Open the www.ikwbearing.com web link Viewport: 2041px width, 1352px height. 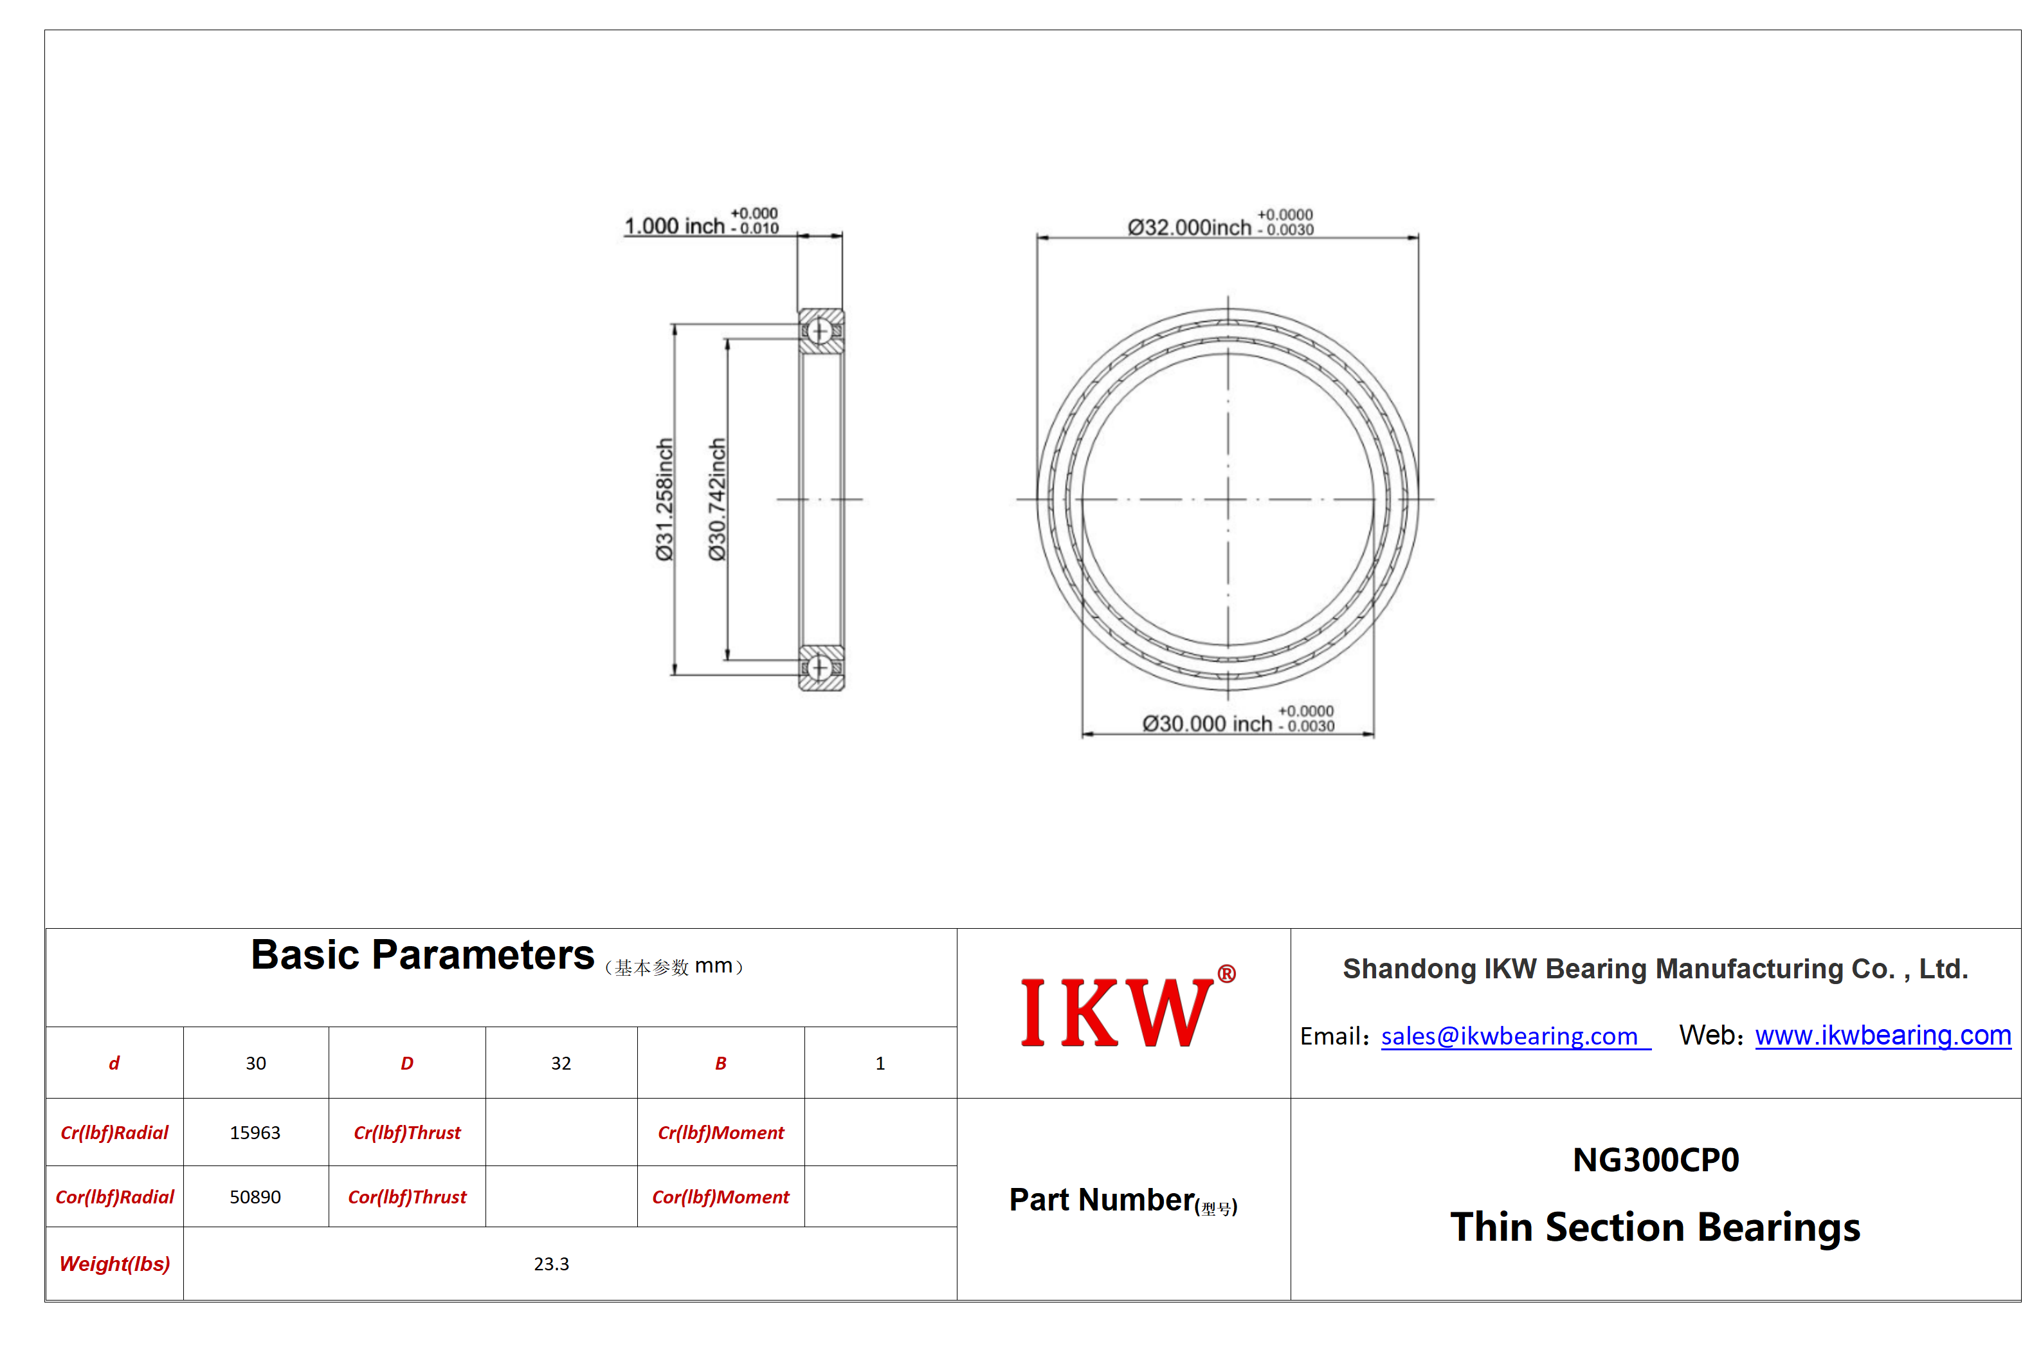pyautogui.click(x=1882, y=1035)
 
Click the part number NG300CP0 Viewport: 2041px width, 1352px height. pyautogui.click(x=1655, y=1160)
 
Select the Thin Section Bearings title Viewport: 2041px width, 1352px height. pyautogui.click(x=1655, y=1227)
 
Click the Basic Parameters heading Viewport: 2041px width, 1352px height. pyautogui.click(x=422, y=955)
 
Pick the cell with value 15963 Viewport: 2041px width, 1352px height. pyautogui.click(x=255, y=1133)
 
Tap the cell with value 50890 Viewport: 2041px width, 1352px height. pyautogui.click(x=255, y=1197)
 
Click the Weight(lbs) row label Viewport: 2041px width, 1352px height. pyautogui.click(x=114, y=1264)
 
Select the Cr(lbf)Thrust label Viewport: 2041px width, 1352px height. pyautogui.click(x=407, y=1133)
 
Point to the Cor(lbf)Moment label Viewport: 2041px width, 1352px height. pyautogui.click(x=721, y=1197)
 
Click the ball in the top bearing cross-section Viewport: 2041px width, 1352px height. pyautogui.click(x=820, y=331)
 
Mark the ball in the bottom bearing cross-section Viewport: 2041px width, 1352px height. pyautogui.click(x=820, y=668)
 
